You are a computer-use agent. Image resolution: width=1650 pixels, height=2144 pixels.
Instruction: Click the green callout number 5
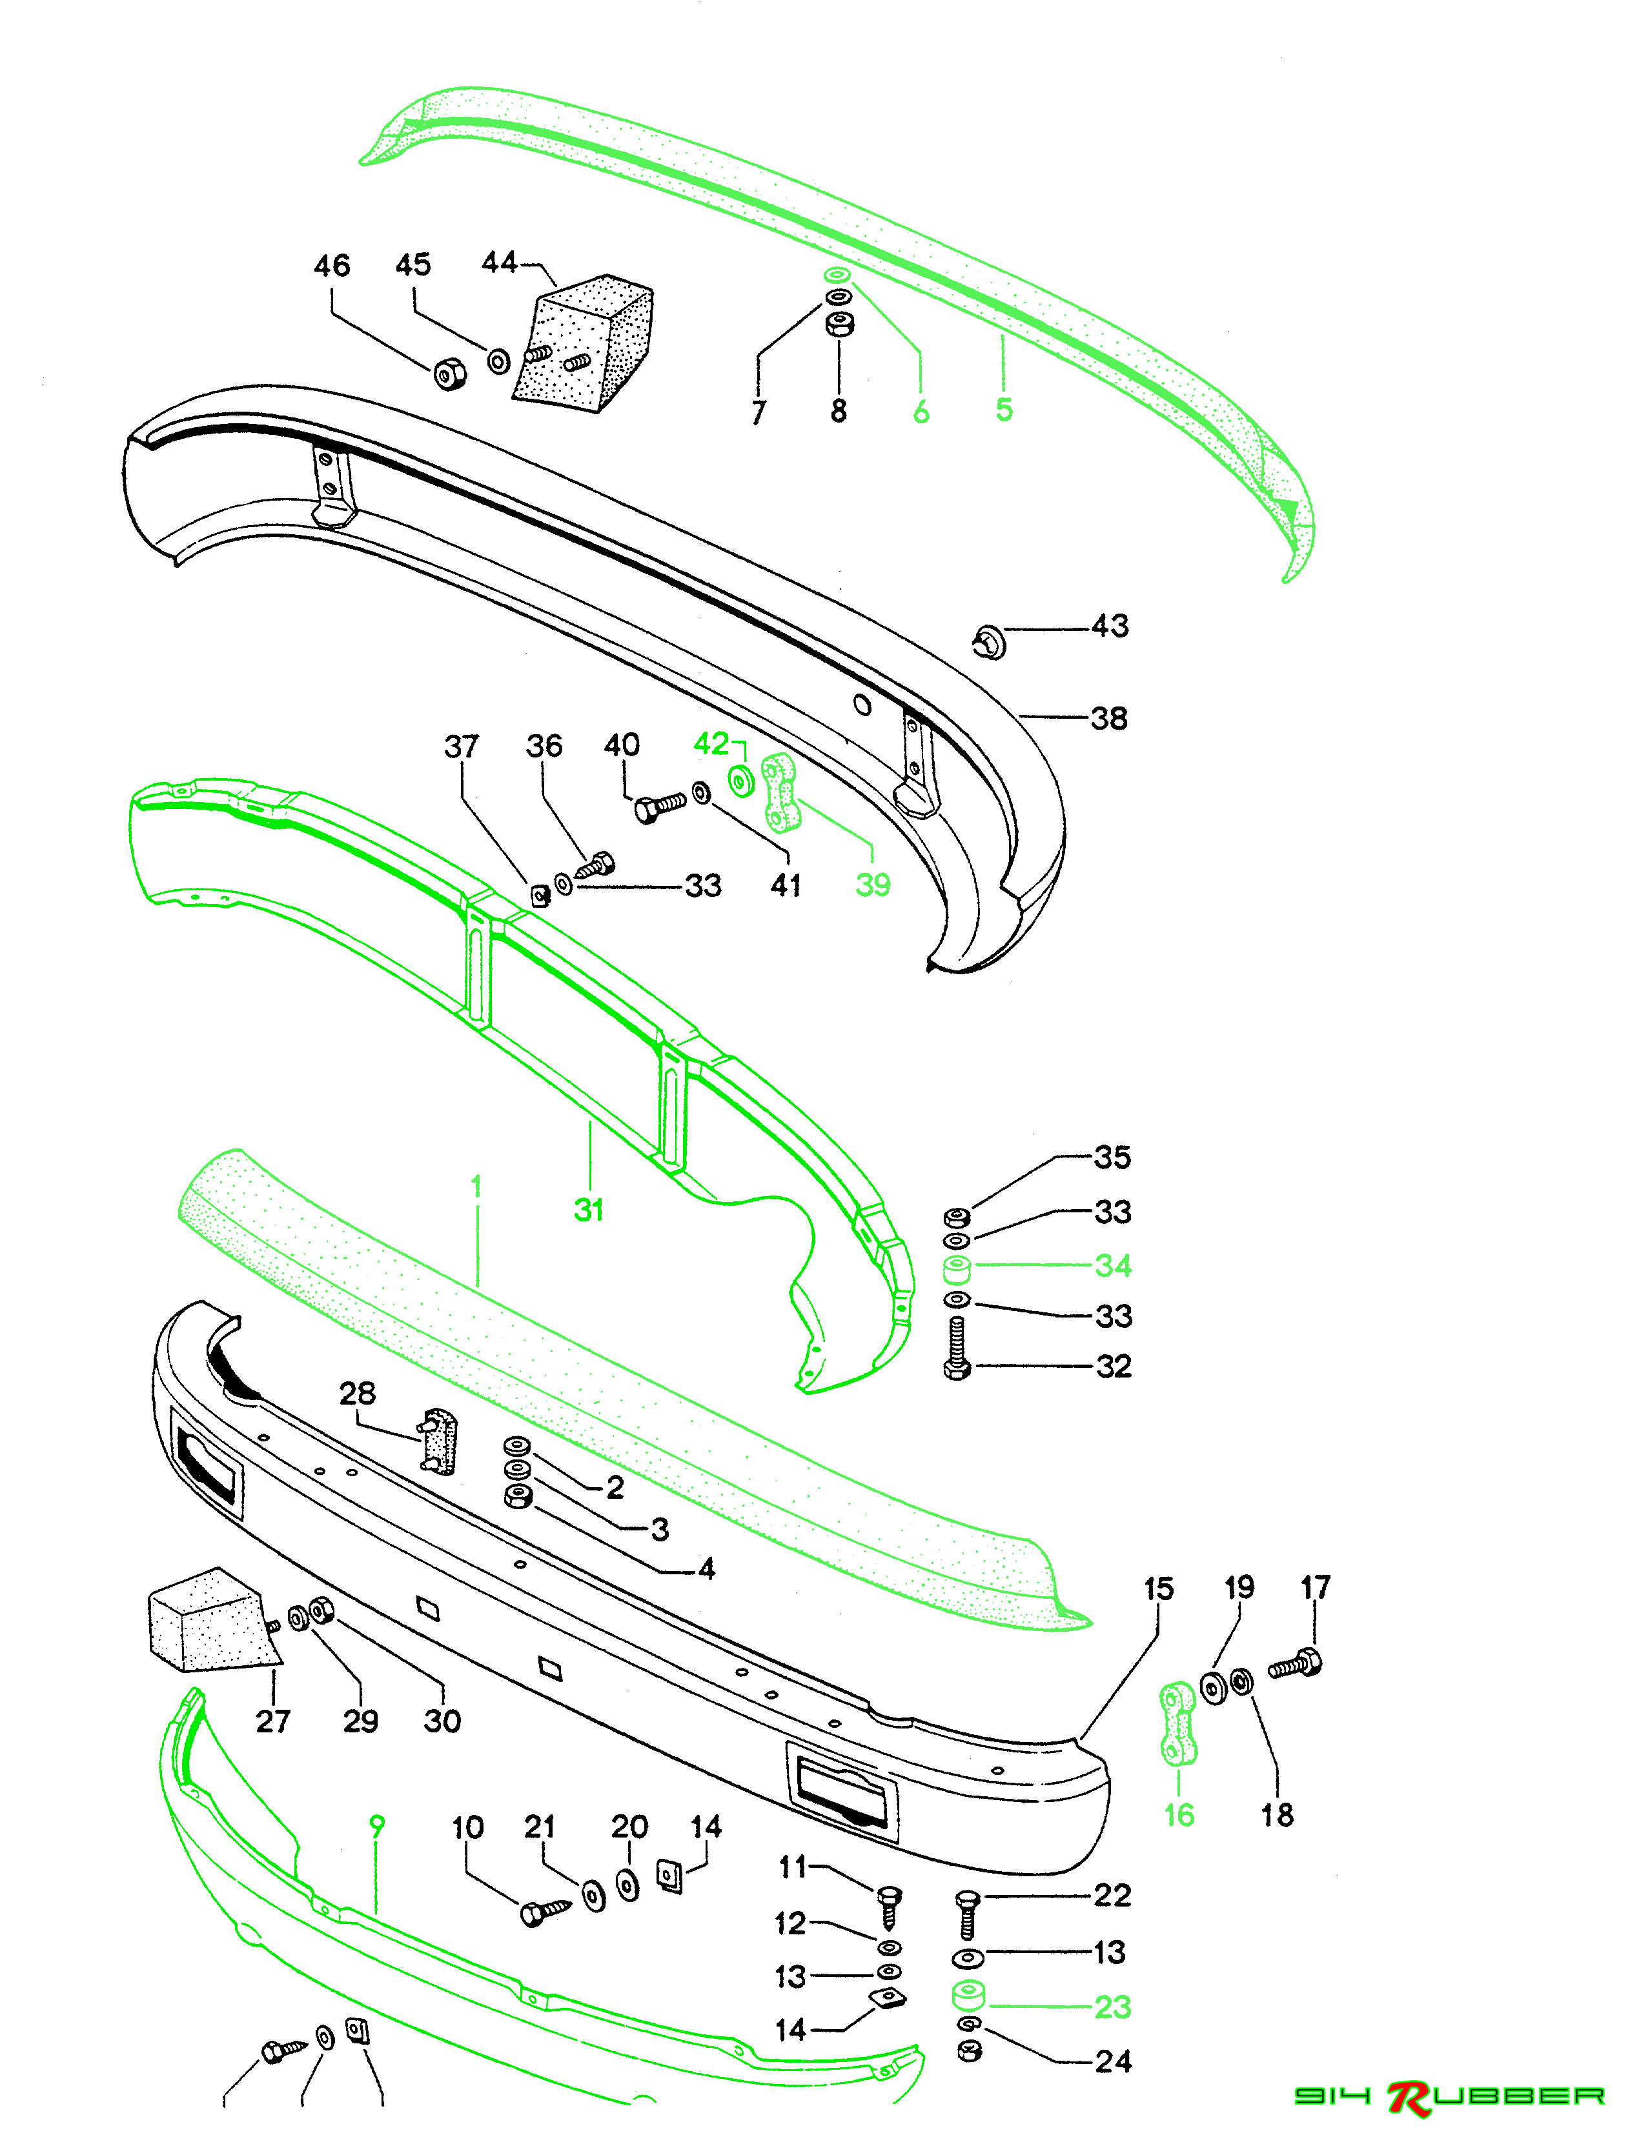(x=1003, y=409)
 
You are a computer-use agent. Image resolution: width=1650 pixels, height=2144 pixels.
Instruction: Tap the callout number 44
(x=499, y=263)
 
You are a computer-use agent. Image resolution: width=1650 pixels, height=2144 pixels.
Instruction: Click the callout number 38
(x=1109, y=719)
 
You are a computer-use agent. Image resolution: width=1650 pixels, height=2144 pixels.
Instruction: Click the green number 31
(x=588, y=1210)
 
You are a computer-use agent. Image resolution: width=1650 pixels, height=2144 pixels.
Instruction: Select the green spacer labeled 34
(x=957, y=1270)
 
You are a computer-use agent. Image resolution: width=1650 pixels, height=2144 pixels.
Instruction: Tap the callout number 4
(x=706, y=1568)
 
